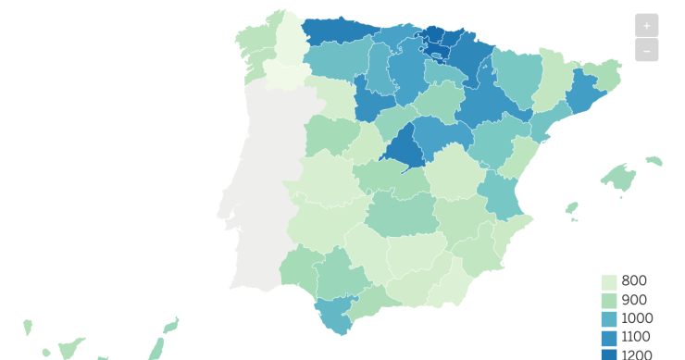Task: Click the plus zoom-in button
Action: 646,26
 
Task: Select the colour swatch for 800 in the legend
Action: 609,281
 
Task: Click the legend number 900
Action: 635,300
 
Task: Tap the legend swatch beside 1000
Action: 609,318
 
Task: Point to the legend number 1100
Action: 636,337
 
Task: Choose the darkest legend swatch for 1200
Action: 609,354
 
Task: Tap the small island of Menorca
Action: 654,161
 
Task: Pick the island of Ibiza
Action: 572,207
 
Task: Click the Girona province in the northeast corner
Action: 606,73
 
